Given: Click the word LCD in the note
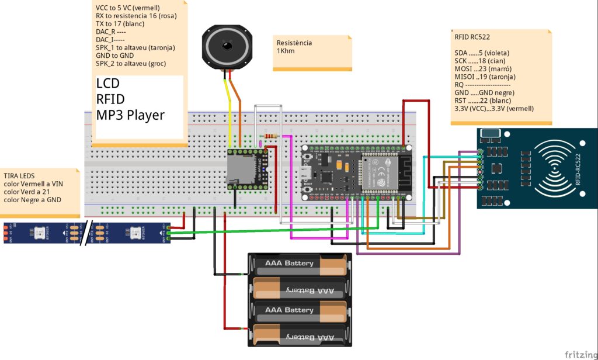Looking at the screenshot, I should coord(109,84).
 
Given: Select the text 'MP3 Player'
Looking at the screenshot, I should coord(130,115).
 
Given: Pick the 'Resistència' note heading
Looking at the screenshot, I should coord(294,43).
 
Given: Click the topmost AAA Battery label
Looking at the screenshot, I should coord(290,263).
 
